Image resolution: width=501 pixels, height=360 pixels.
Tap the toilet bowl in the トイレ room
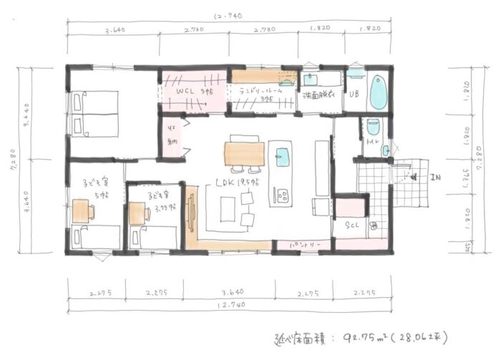372,127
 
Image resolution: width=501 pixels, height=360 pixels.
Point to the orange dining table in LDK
244,153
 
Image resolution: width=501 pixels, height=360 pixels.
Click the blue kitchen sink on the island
283,155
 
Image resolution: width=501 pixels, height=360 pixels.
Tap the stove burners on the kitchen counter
282,194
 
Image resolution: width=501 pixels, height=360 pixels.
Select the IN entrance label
434,177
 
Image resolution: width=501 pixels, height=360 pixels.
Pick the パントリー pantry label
304,245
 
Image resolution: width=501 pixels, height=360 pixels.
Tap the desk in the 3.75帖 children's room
137,213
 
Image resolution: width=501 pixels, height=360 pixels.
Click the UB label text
354,94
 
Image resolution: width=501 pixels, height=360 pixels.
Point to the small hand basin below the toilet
385,150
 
